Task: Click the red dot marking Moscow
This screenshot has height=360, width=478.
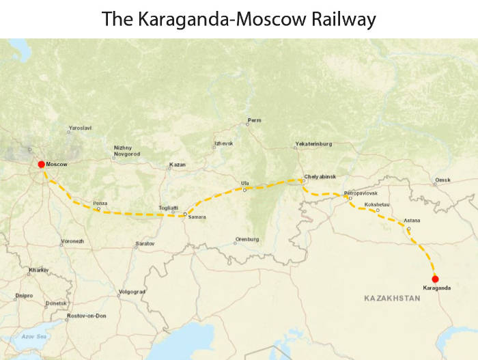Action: (41, 164)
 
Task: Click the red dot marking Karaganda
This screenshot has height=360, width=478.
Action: (435, 278)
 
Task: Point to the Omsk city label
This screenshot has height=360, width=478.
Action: (442, 181)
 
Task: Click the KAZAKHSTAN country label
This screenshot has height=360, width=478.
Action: (391, 299)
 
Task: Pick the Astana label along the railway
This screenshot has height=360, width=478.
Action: (412, 221)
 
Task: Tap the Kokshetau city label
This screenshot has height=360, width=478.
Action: (377, 204)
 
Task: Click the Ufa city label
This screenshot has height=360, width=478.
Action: (245, 183)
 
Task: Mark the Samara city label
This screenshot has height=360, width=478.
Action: (196, 217)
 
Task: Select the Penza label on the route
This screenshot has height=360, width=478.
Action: (100, 203)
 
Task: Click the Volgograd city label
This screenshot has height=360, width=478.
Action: (132, 292)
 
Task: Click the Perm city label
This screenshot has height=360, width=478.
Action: (254, 120)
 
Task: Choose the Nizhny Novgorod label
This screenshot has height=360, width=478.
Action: (127, 151)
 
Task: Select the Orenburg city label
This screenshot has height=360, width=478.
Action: (247, 239)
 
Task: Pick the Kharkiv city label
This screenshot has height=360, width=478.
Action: (38, 270)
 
